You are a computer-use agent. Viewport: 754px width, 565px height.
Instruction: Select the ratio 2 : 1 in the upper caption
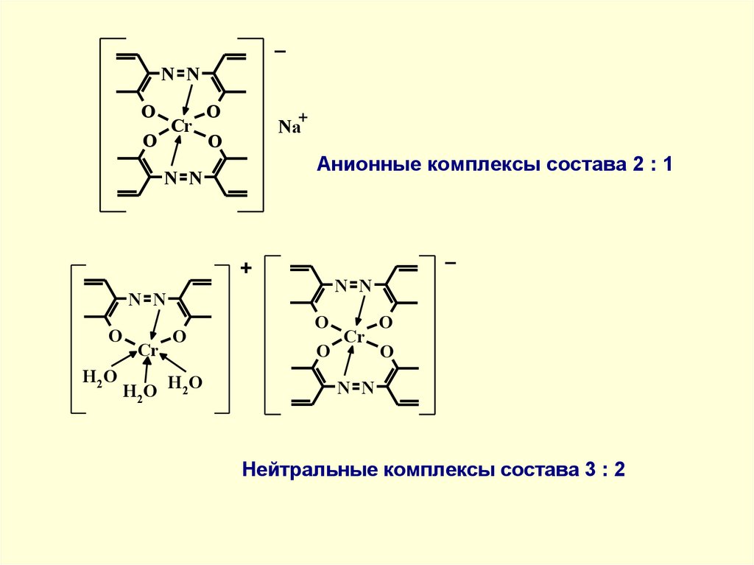point(652,164)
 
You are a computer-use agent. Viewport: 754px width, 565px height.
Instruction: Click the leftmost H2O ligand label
point(99,378)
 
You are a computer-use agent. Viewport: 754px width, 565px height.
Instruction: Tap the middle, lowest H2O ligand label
point(139,392)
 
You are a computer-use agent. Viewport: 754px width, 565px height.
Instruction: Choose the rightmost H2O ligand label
point(185,384)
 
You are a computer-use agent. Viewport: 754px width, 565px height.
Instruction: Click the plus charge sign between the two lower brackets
point(245,270)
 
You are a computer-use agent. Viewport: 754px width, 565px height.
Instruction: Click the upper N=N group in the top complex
point(181,74)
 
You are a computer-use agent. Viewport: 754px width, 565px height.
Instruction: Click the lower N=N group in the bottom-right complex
point(356,388)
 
